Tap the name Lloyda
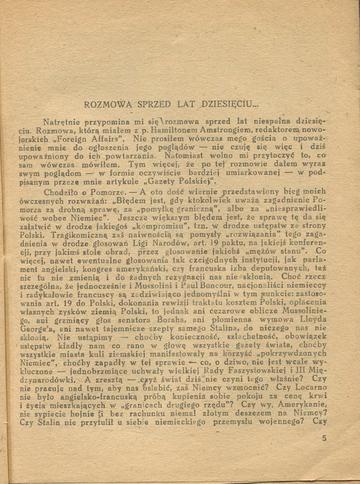pos(314,320)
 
